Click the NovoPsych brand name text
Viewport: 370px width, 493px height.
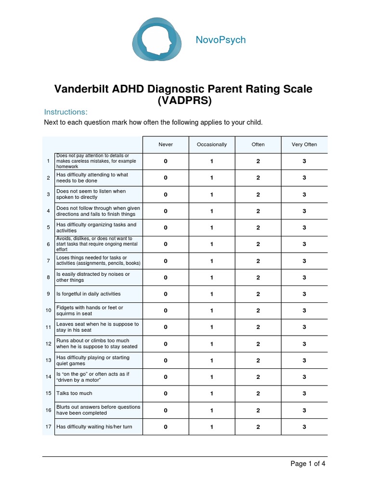pyautogui.click(x=221, y=40)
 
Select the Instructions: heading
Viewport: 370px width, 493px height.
pyautogui.click(x=66, y=112)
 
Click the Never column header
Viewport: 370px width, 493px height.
pyautogui.click(x=165, y=144)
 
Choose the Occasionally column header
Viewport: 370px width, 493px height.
pyautogui.click(x=211, y=144)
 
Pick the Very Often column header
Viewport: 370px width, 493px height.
pyautogui.click(x=304, y=144)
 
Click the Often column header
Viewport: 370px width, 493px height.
pyautogui.click(x=258, y=144)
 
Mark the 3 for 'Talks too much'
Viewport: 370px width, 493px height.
pyautogui.click(x=304, y=393)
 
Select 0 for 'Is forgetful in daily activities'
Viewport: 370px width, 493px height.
pyautogui.click(x=165, y=294)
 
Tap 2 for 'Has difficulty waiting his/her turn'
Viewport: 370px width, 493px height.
pyautogui.click(x=258, y=427)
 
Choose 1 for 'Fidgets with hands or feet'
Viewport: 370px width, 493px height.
pyautogui.click(x=211, y=311)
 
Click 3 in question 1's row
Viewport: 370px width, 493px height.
pyautogui.click(x=304, y=161)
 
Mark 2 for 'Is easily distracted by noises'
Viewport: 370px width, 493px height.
pyautogui.click(x=258, y=277)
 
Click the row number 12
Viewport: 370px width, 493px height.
pyautogui.click(x=48, y=344)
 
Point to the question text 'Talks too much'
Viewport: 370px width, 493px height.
pyautogui.click(x=74, y=393)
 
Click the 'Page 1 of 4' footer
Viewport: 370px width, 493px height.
pyautogui.click(x=311, y=464)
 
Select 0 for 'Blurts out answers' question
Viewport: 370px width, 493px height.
pyautogui.click(x=165, y=410)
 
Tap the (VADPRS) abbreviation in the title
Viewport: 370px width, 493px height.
pyautogui.click(x=184, y=101)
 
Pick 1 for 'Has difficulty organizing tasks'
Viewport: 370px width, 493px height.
pyautogui.click(x=211, y=228)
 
